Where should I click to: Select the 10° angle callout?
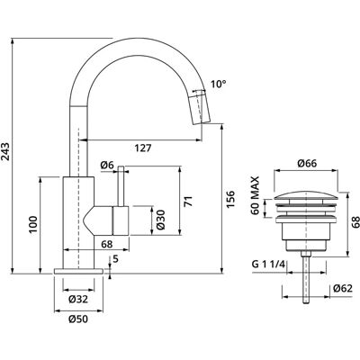tap(218, 84)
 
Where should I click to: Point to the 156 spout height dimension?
tap(230, 199)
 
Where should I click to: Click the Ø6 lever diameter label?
tap(108, 165)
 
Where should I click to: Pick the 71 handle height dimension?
tap(188, 201)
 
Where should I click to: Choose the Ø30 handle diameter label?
tap(160, 220)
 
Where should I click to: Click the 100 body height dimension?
tap(32, 225)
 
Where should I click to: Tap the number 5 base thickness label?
tap(116, 258)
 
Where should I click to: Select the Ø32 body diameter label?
tap(78, 299)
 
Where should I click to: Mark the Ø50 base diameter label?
tap(78, 319)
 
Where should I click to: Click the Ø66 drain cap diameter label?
tap(307, 163)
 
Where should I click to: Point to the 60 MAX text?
tap(255, 195)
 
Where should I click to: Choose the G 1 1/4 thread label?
tap(268, 265)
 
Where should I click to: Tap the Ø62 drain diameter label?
tap(343, 289)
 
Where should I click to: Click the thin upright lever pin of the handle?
tap(121, 186)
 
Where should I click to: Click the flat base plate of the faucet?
tap(78, 271)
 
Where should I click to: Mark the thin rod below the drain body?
tap(306, 278)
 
